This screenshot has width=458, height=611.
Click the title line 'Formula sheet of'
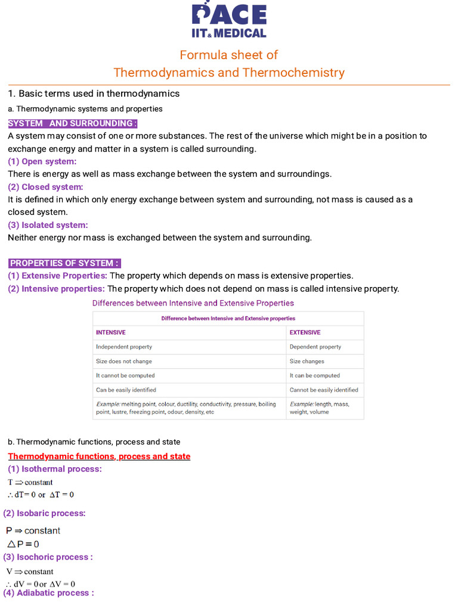coord(229,55)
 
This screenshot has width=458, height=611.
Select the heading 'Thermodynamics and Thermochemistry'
coord(229,73)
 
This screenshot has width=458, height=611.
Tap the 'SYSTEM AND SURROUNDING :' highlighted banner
coord(72,123)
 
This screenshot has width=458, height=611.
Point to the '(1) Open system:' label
coord(42,162)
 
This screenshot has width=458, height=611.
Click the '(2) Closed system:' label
coord(45,187)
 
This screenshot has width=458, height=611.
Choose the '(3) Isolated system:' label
coord(48,225)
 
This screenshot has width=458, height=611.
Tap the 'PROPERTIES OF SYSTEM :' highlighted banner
coord(65,263)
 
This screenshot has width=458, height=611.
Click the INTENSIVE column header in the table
coord(111,332)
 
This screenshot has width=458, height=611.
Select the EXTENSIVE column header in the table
coord(305,332)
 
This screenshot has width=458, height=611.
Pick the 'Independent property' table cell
coord(124,347)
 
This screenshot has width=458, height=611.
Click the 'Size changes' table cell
coord(307,361)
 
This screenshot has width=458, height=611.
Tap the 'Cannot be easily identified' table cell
coord(324,390)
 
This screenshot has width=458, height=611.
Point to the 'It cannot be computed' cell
coord(125,375)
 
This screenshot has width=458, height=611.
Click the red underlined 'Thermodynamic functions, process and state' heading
coord(99,456)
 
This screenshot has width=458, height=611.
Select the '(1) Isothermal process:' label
coord(55,469)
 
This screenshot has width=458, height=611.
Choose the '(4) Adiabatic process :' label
coord(48,593)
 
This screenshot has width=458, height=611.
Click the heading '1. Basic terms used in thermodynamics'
coord(94,94)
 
